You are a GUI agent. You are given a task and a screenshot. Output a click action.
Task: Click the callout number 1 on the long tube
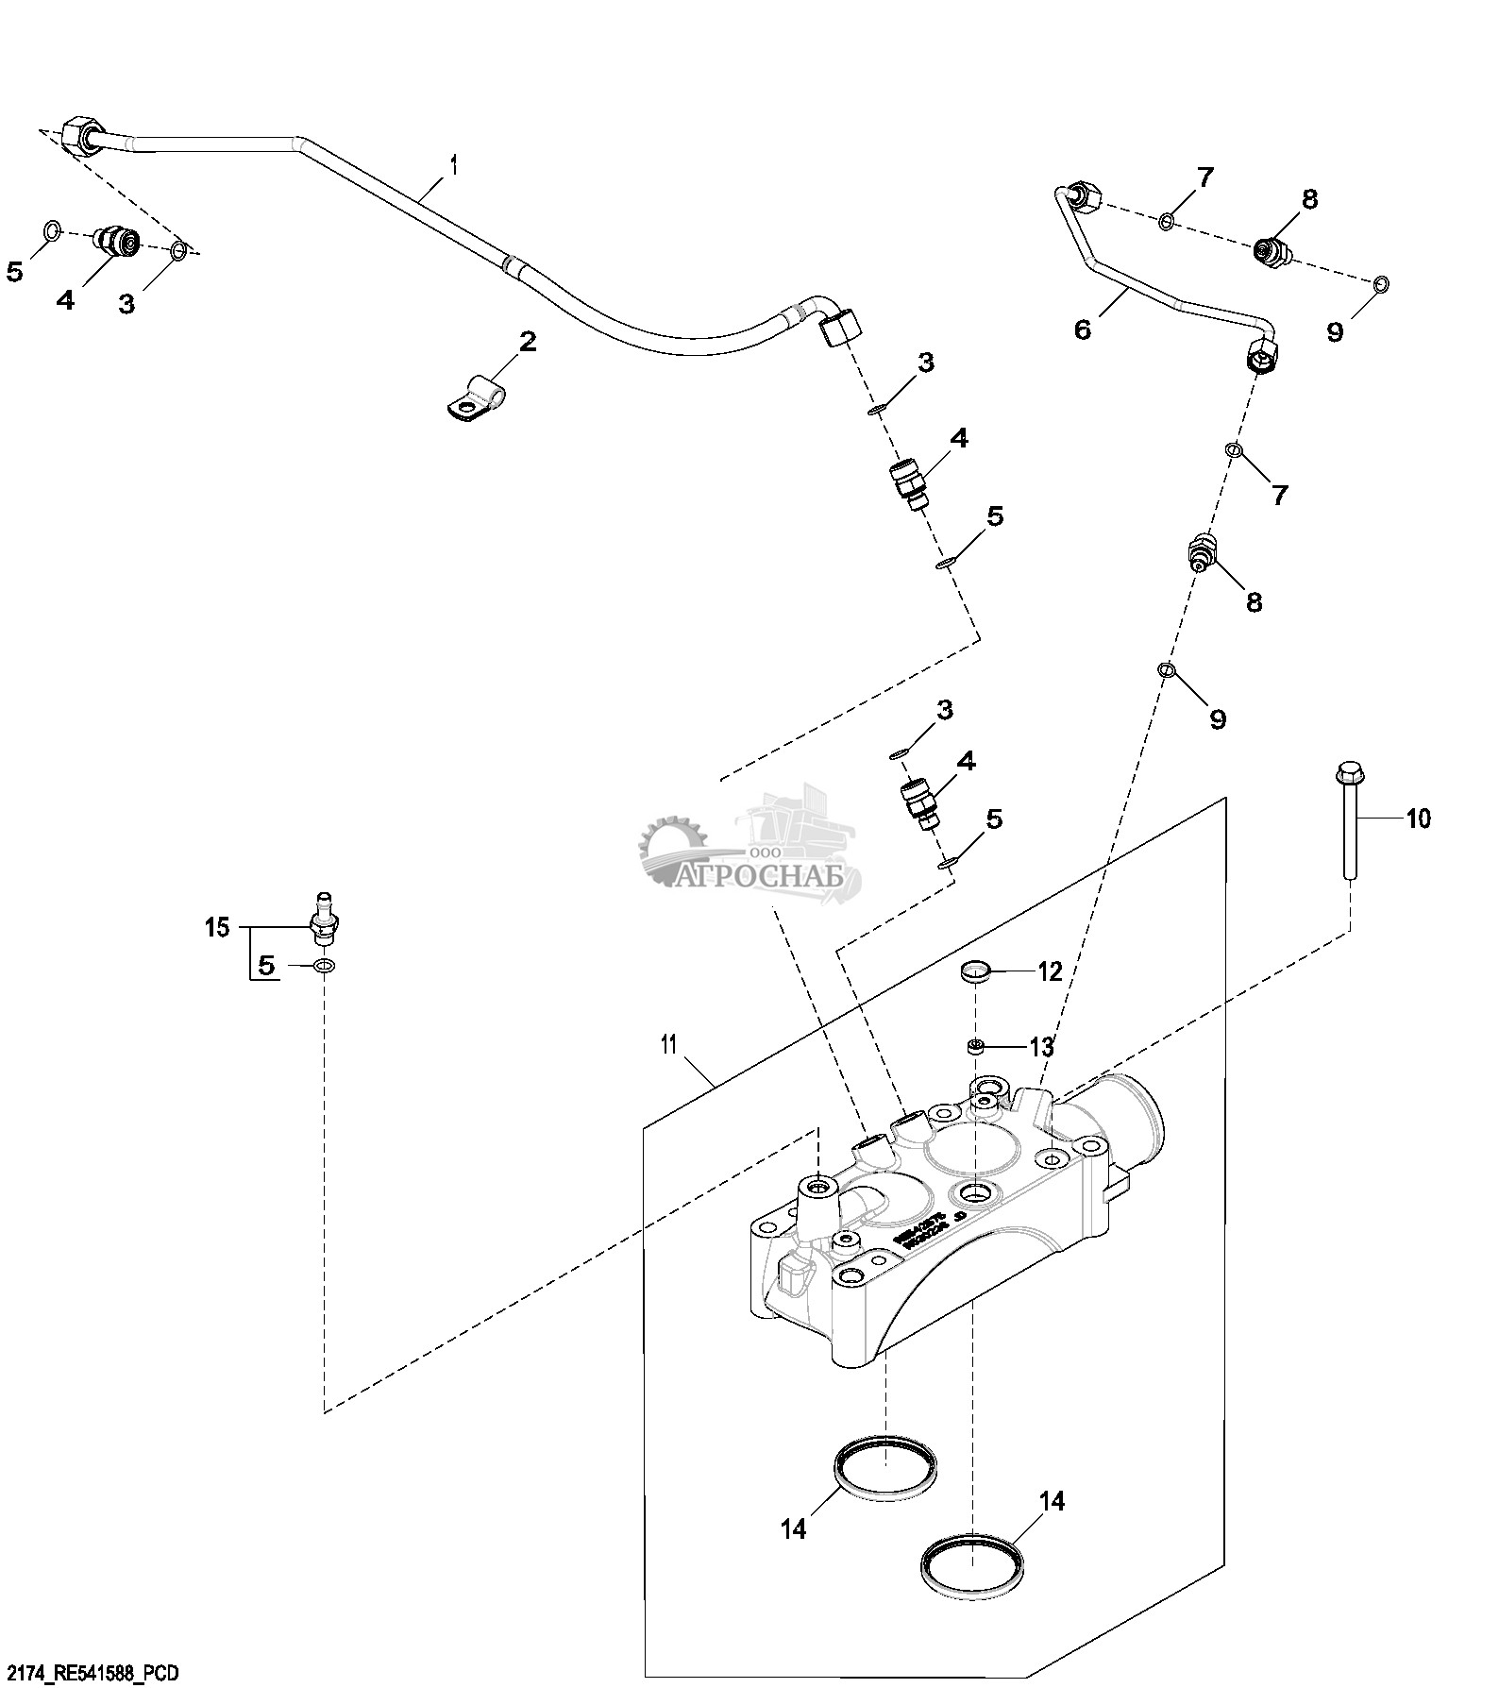[x=454, y=166]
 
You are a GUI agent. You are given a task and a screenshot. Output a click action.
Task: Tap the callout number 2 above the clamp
[x=527, y=342]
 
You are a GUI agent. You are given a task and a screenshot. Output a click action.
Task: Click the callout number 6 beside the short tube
[x=1083, y=329]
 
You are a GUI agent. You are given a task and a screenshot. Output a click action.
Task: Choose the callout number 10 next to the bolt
[x=1418, y=818]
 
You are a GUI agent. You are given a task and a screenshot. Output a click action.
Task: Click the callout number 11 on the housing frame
[x=669, y=1044]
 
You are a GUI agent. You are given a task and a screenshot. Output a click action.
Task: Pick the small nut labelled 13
[x=976, y=1045]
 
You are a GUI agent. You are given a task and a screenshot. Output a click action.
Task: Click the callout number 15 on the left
[x=217, y=927]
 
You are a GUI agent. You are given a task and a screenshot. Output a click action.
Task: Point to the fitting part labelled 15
[x=325, y=919]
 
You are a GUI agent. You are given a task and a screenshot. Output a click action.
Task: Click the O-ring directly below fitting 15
[x=324, y=966]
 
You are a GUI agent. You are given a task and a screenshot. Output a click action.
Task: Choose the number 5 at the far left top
[x=14, y=272]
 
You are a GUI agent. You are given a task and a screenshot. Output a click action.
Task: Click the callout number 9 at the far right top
[x=1335, y=331]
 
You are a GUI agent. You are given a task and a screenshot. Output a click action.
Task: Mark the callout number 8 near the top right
[x=1308, y=200]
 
